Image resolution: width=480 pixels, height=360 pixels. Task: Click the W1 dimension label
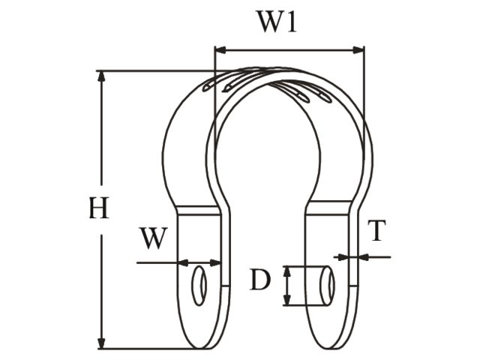point(277,22)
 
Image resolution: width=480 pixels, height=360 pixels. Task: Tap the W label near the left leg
point(153,238)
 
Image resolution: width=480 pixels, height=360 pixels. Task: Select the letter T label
point(377,232)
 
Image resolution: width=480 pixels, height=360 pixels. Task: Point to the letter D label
point(259,280)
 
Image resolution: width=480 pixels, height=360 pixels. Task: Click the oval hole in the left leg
point(199,284)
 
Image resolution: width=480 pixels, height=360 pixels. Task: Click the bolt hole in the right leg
point(328,285)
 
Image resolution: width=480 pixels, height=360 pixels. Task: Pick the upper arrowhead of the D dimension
point(286,271)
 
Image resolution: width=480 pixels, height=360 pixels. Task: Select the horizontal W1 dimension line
point(289,51)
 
